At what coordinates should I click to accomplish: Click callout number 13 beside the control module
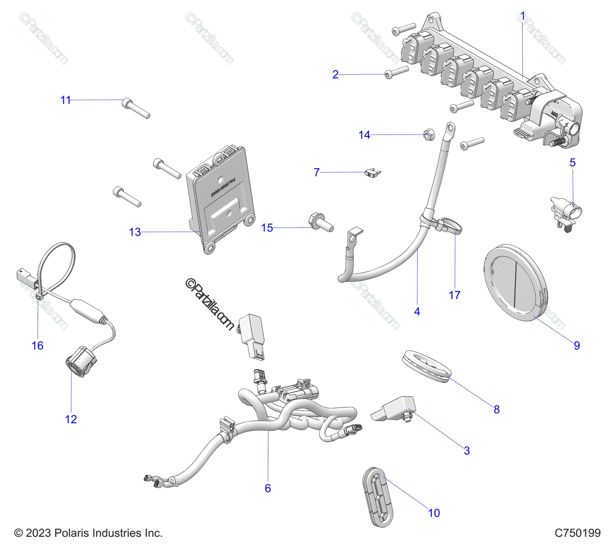135,233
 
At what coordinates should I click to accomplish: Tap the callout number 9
577,346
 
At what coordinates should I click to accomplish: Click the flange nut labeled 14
426,135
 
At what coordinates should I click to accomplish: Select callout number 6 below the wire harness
268,488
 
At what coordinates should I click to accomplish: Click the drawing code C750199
578,533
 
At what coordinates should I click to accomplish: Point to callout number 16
37,346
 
